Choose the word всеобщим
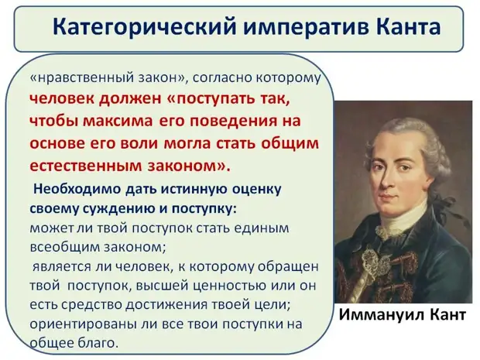(62, 247)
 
